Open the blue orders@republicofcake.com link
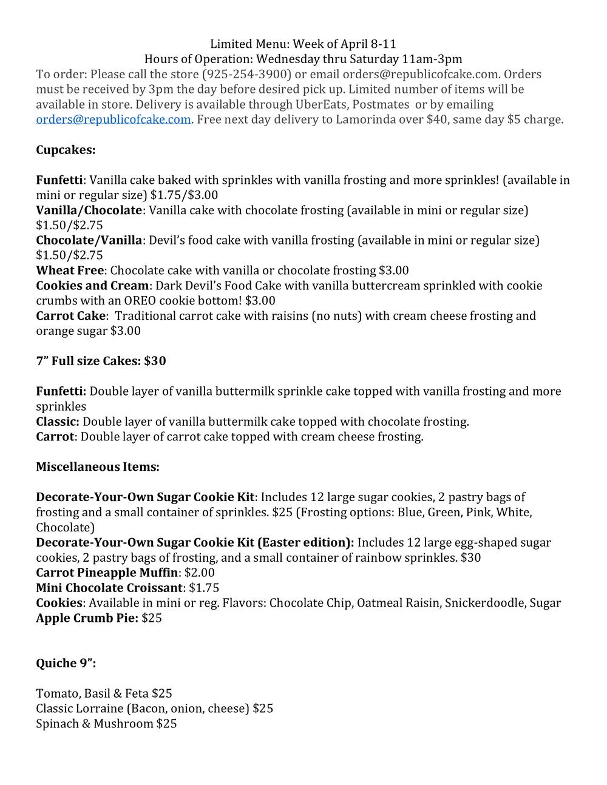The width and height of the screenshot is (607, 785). (x=114, y=119)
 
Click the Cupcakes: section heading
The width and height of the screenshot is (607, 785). (x=66, y=149)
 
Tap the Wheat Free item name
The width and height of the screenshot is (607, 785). (x=70, y=270)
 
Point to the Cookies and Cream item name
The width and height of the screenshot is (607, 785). (x=92, y=285)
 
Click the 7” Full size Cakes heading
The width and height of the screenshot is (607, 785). (x=101, y=361)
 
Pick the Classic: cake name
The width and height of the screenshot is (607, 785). (x=58, y=422)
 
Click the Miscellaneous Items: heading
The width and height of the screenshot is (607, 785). (x=98, y=467)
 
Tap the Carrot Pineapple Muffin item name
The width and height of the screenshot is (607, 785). (x=107, y=572)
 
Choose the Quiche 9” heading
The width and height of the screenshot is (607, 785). (x=66, y=663)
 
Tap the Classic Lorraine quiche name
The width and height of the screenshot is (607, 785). (x=80, y=708)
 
